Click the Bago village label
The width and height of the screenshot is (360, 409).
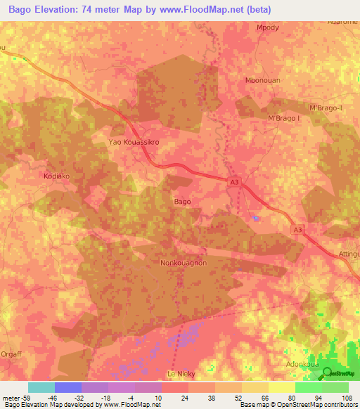click(182, 202)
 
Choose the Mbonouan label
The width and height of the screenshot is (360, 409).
click(262, 80)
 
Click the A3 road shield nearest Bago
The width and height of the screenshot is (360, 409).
click(235, 183)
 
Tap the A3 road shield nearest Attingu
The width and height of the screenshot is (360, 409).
click(299, 229)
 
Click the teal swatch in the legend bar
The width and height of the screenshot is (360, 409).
click(41, 387)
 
